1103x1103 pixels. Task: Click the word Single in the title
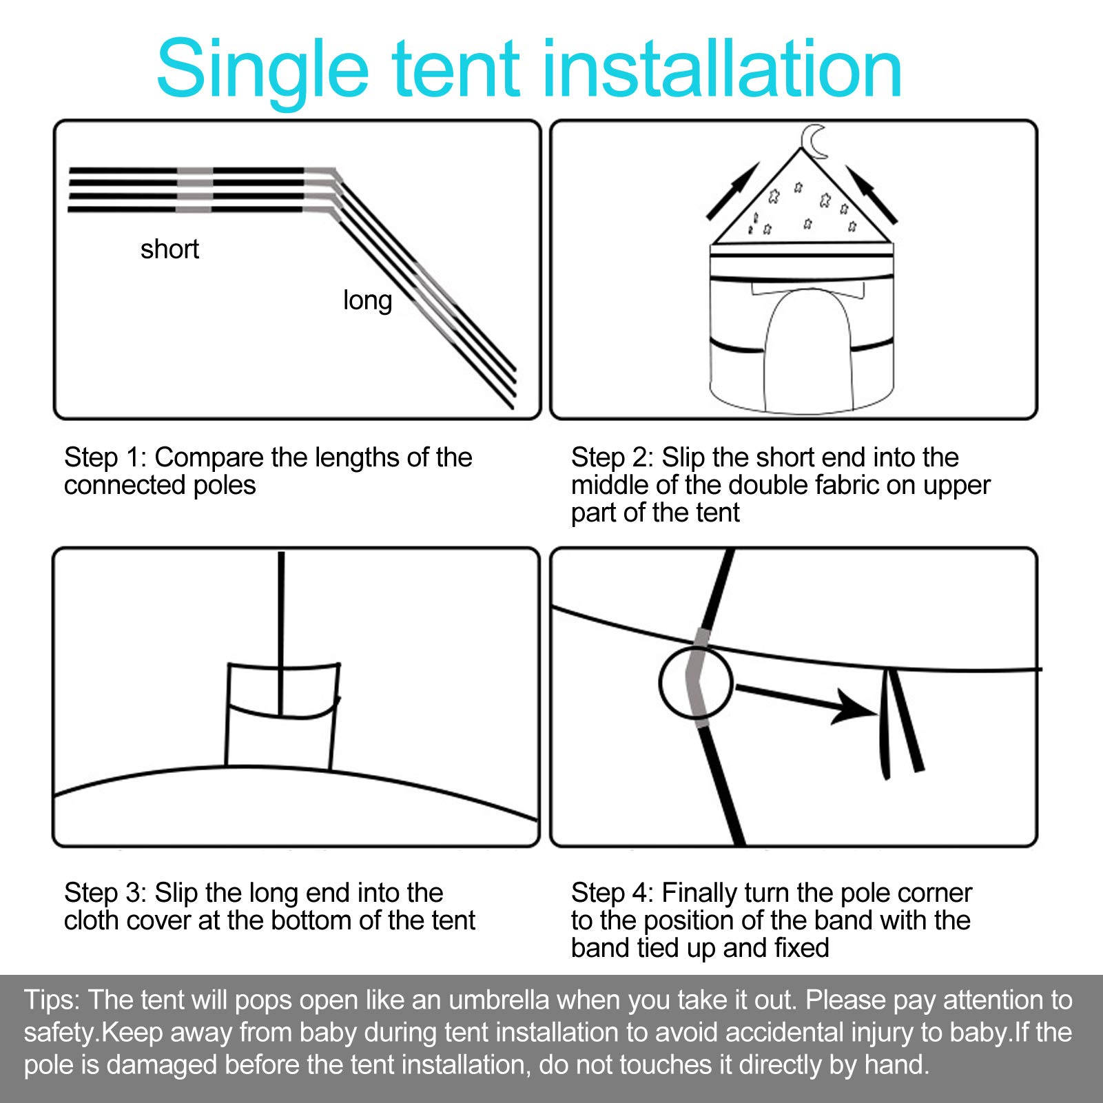(263, 70)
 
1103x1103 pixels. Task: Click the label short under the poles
(169, 249)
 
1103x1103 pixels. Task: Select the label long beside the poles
(368, 301)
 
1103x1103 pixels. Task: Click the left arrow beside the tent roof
(732, 192)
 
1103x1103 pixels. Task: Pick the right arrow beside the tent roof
(872, 194)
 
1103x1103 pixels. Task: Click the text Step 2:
(612, 457)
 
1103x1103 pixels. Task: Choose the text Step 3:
(105, 893)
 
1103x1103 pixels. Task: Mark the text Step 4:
(612, 893)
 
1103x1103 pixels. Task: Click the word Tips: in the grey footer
(53, 1000)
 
